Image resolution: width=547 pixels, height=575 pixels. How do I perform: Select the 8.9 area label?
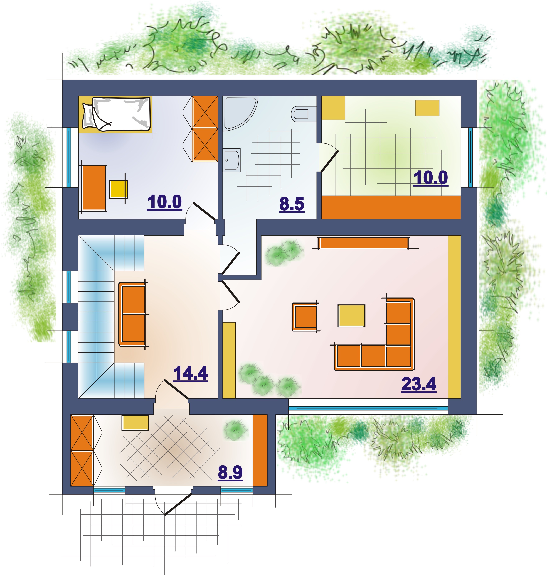tap(230, 472)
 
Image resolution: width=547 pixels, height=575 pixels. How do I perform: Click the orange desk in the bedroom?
tap(94, 188)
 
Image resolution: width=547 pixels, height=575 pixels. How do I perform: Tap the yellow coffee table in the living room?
tap(351, 316)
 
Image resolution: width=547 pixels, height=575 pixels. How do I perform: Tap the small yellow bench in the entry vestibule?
tap(135, 423)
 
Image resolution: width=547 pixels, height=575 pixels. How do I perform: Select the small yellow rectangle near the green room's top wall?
tap(427, 108)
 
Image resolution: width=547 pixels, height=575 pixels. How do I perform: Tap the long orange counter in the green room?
tap(391, 207)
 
